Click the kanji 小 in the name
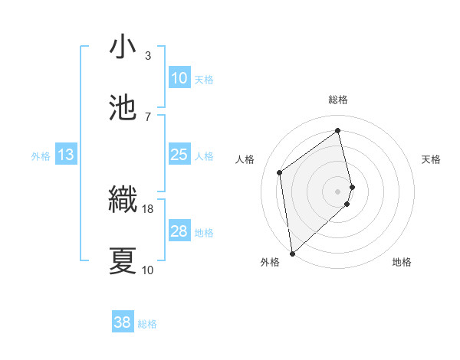(123, 47)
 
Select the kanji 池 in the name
(123, 107)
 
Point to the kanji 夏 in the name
(123, 260)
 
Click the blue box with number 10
(179, 78)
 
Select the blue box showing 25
(179, 155)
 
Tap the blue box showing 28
(179, 231)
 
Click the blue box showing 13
(65, 155)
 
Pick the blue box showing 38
(122, 322)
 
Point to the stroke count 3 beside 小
(147, 56)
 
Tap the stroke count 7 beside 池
(147, 116)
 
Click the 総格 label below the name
(147, 324)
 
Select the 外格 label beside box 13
(41, 156)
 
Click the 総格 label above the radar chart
(338, 100)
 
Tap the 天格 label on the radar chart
(432, 159)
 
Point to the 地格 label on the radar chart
(402, 263)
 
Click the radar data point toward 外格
(291, 253)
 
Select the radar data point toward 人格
(280, 172)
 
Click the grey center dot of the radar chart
(338, 191)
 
